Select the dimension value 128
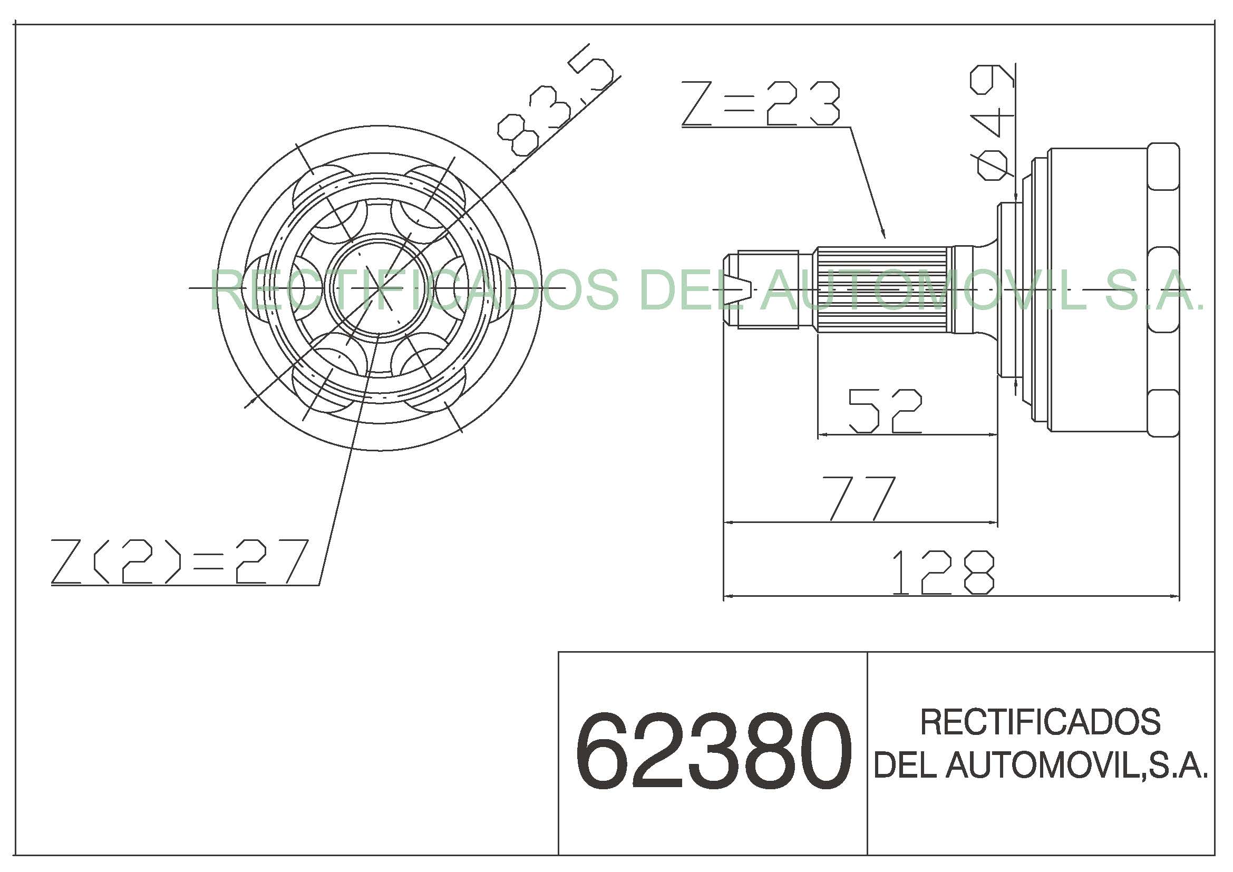pyautogui.click(x=943, y=573)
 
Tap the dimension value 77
pyautogui.click(x=862, y=498)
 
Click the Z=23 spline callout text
pyautogui.click(x=761, y=103)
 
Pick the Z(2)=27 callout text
pyautogui.click(x=180, y=561)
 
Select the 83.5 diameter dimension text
pyautogui.click(x=556, y=99)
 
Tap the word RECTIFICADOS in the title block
pyautogui.click(x=1040, y=722)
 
